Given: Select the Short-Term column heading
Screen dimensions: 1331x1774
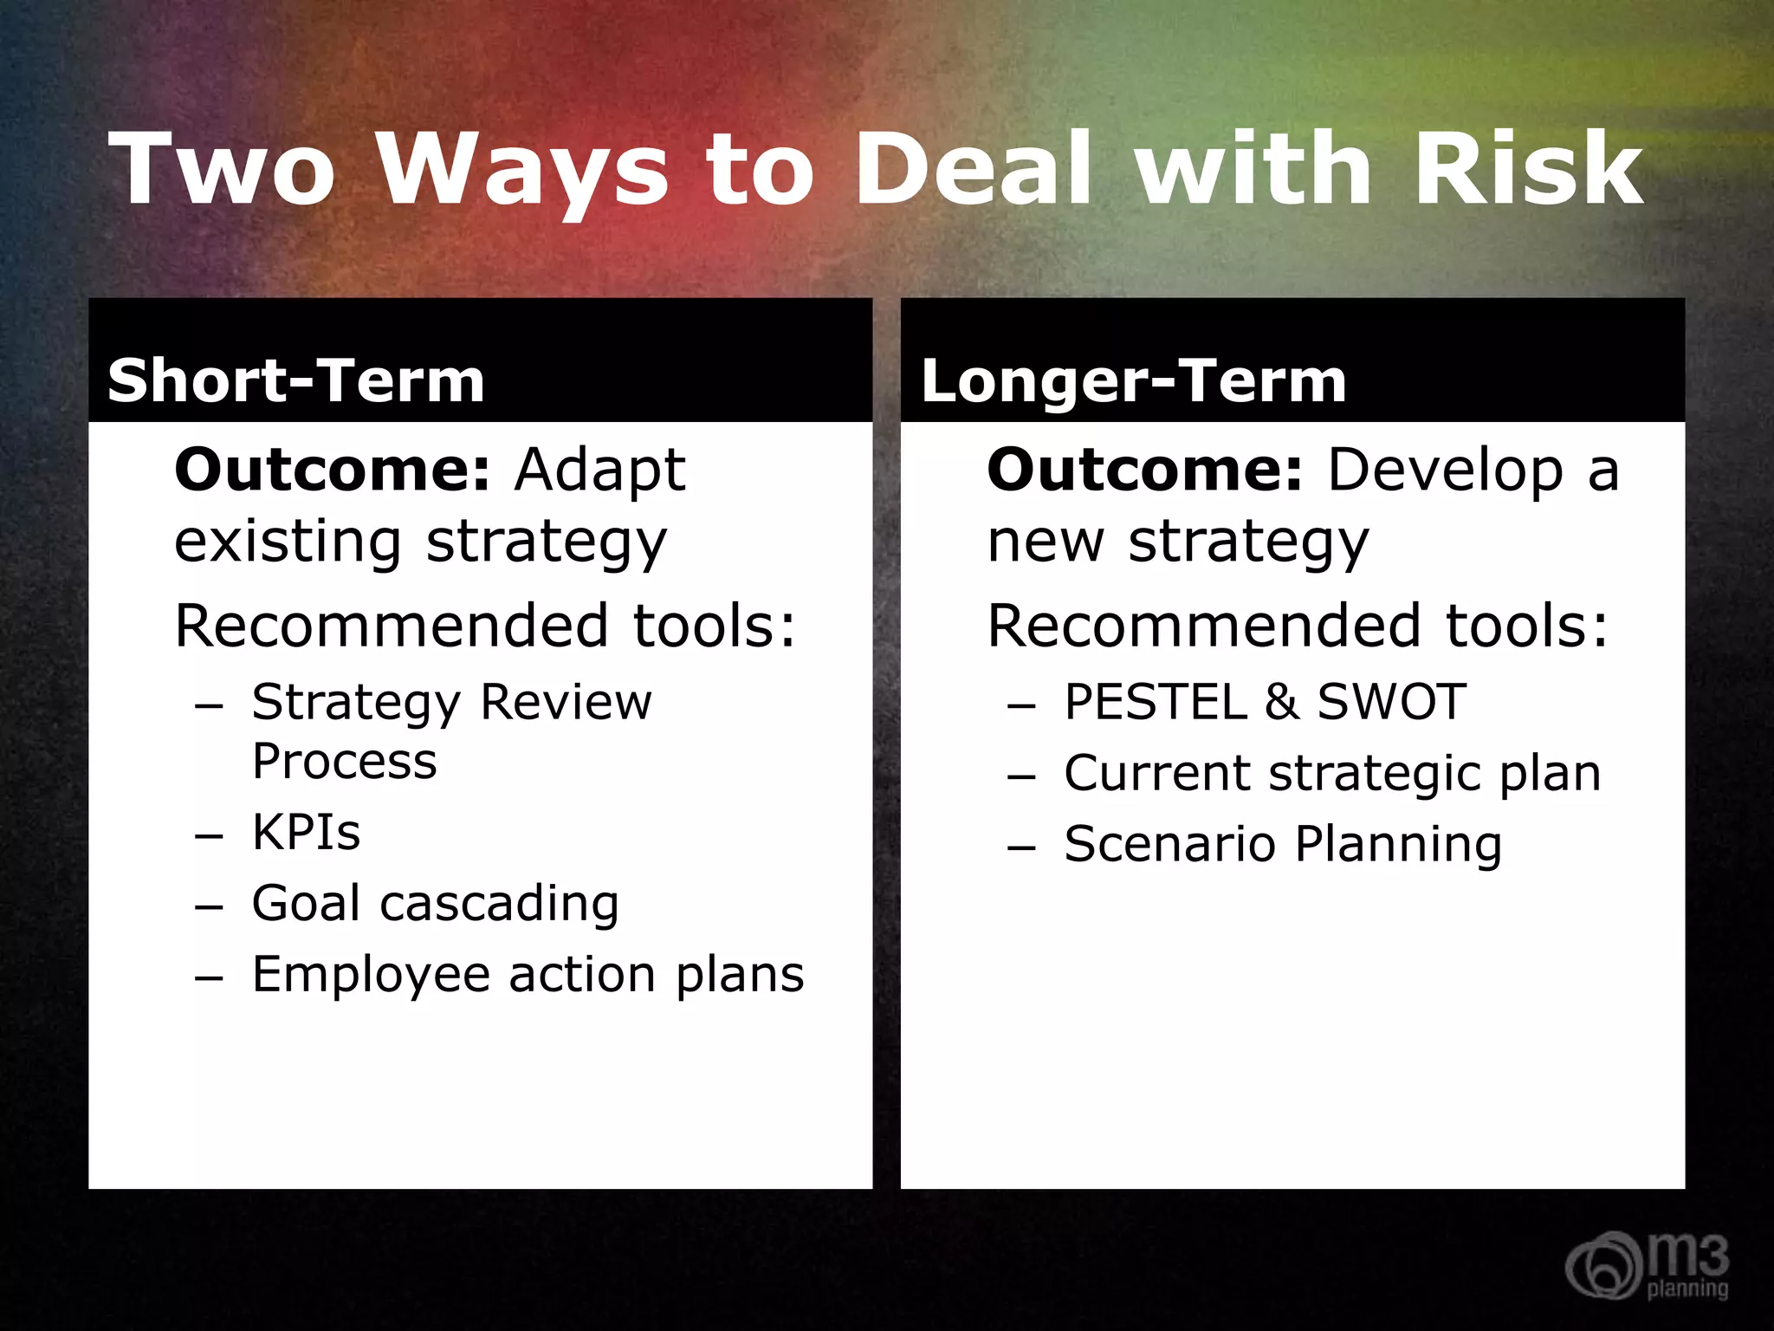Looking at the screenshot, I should (x=295, y=380).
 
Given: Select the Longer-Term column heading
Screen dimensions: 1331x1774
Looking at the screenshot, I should (x=1133, y=380).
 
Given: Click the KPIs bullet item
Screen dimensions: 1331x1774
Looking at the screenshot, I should (x=306, y=833).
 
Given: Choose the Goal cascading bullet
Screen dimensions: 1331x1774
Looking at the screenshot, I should (x=435, y=904).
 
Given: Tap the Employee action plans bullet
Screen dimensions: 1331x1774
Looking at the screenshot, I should (x=528, y=975).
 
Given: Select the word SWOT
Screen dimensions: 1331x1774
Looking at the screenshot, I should (x=1391, y=702).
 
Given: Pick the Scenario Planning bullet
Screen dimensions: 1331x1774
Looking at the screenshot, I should (x=1283, y=845).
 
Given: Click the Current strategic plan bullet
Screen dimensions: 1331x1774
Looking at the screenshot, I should (x=1332, y=774).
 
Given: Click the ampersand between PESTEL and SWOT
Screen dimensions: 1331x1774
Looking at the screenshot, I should (x=1281, y=702).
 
